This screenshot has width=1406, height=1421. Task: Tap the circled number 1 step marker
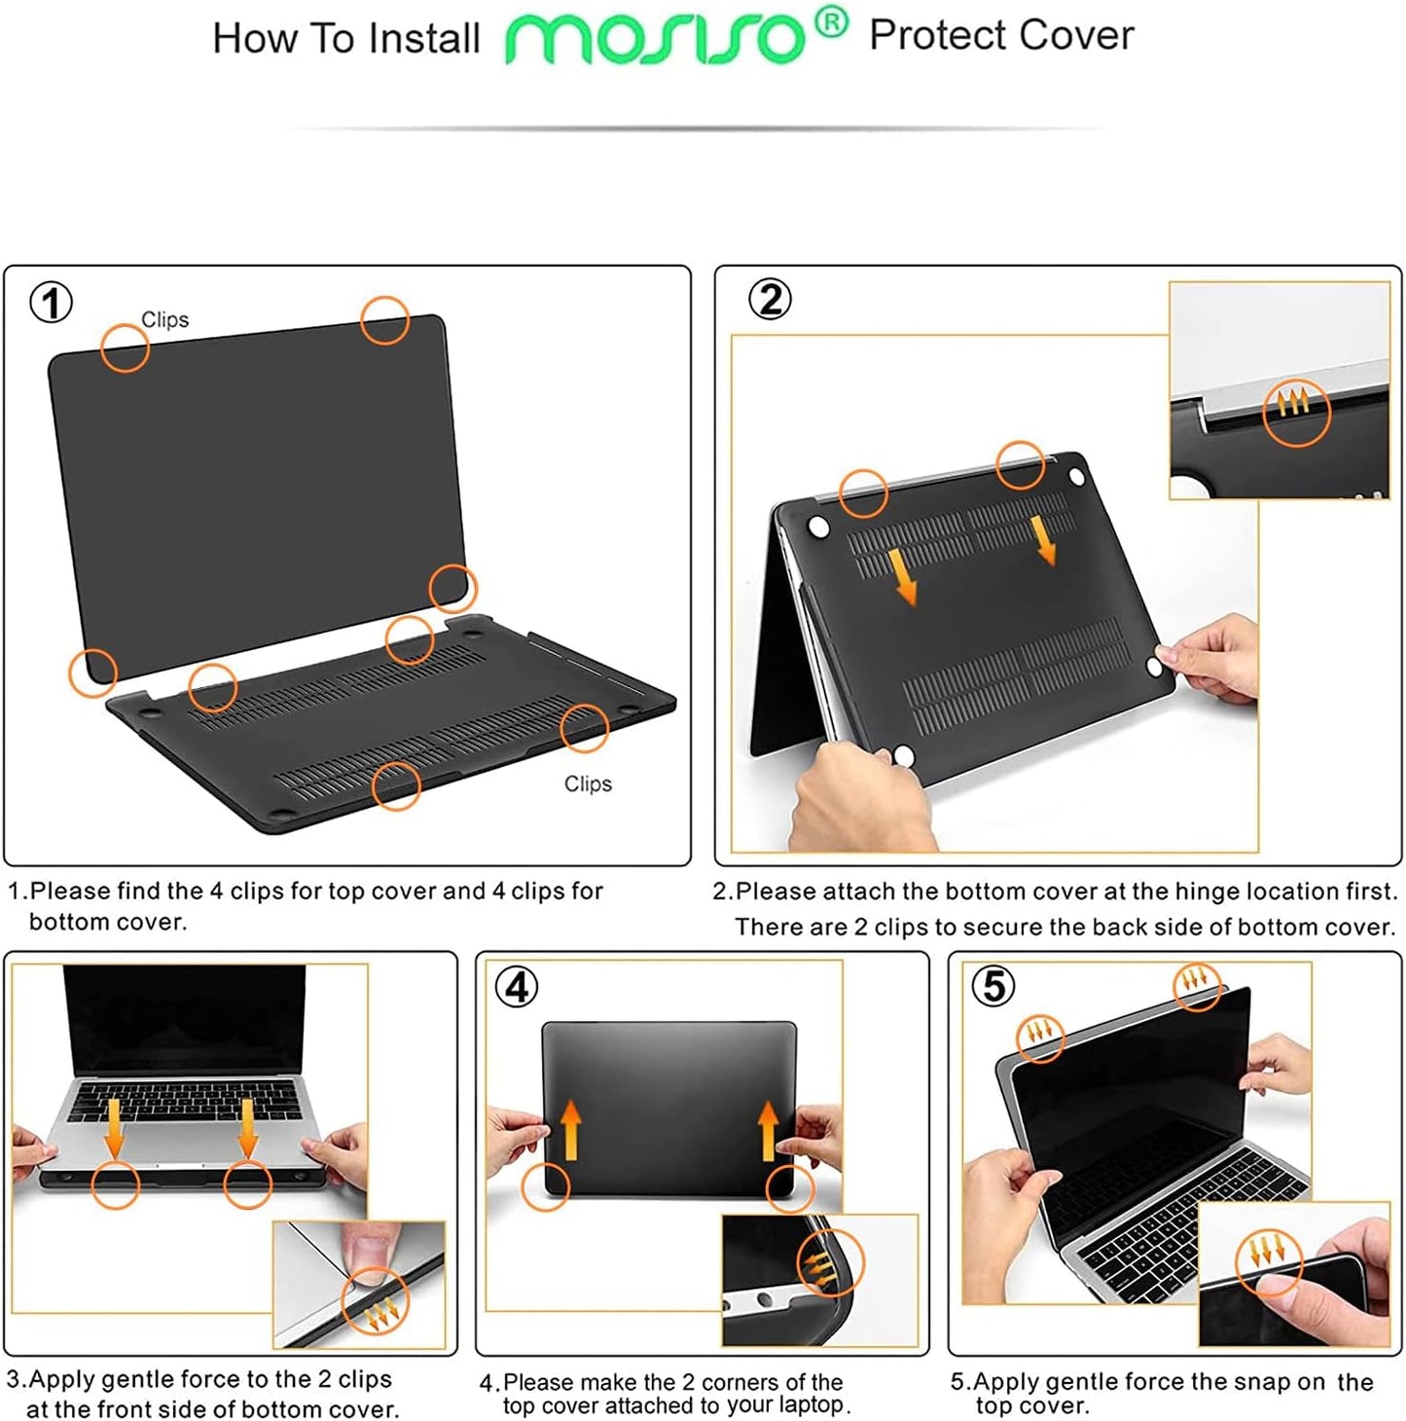(x=52, y=303)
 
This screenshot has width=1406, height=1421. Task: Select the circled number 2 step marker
(x=770, y=300)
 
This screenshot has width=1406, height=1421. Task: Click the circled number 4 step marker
(x=517, y=987)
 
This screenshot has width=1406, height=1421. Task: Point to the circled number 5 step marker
(x=992, y=986)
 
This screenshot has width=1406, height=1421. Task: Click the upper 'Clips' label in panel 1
(x=164, y=320)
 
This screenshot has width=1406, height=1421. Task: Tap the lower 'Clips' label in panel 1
(x=588, y=783)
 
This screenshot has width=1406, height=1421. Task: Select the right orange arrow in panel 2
(x=1044, y=539)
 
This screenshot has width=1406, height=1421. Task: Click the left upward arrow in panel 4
(x=571, y=1130)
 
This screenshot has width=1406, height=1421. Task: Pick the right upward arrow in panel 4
(x=769, y=1130)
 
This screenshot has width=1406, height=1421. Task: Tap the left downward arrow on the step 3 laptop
(x=115, y=1127)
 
